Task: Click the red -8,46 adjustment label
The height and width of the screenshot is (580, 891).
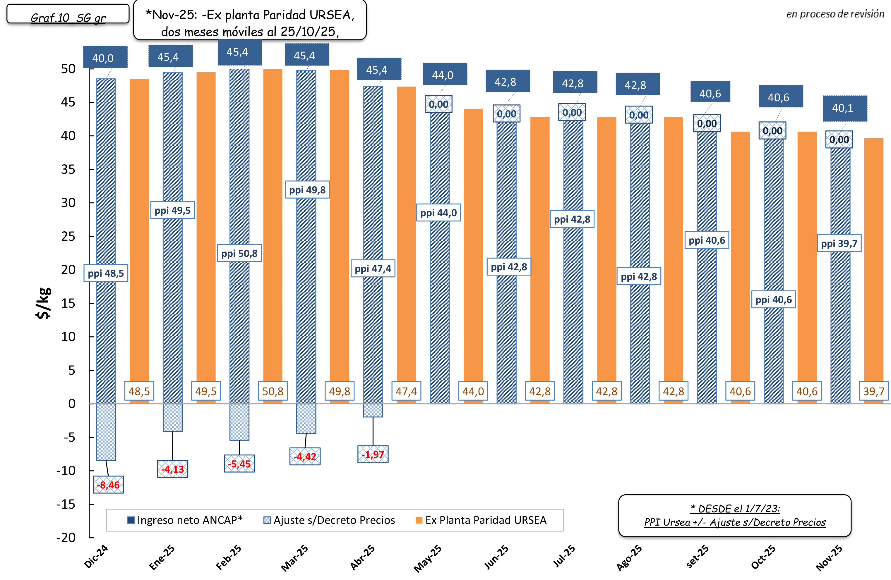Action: [108, 485]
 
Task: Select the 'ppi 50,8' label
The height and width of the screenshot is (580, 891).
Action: [239, 253]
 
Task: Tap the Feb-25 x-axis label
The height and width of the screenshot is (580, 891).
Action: [229, 557]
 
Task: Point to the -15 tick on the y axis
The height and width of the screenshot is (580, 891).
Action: [66, 504]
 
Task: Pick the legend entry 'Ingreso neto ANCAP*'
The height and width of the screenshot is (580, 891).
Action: [185, 520]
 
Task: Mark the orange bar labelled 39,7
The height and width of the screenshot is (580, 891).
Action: [873, 262]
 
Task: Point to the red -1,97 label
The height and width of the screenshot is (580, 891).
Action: [373, 454]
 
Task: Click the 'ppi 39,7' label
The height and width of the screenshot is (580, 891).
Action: [839, 243]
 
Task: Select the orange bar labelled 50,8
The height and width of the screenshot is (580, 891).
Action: [273, 225]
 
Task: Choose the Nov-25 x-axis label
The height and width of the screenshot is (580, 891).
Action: [829, 557]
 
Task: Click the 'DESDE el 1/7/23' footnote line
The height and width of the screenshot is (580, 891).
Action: [735, 509]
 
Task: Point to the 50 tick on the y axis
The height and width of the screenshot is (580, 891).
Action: [68, 69]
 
